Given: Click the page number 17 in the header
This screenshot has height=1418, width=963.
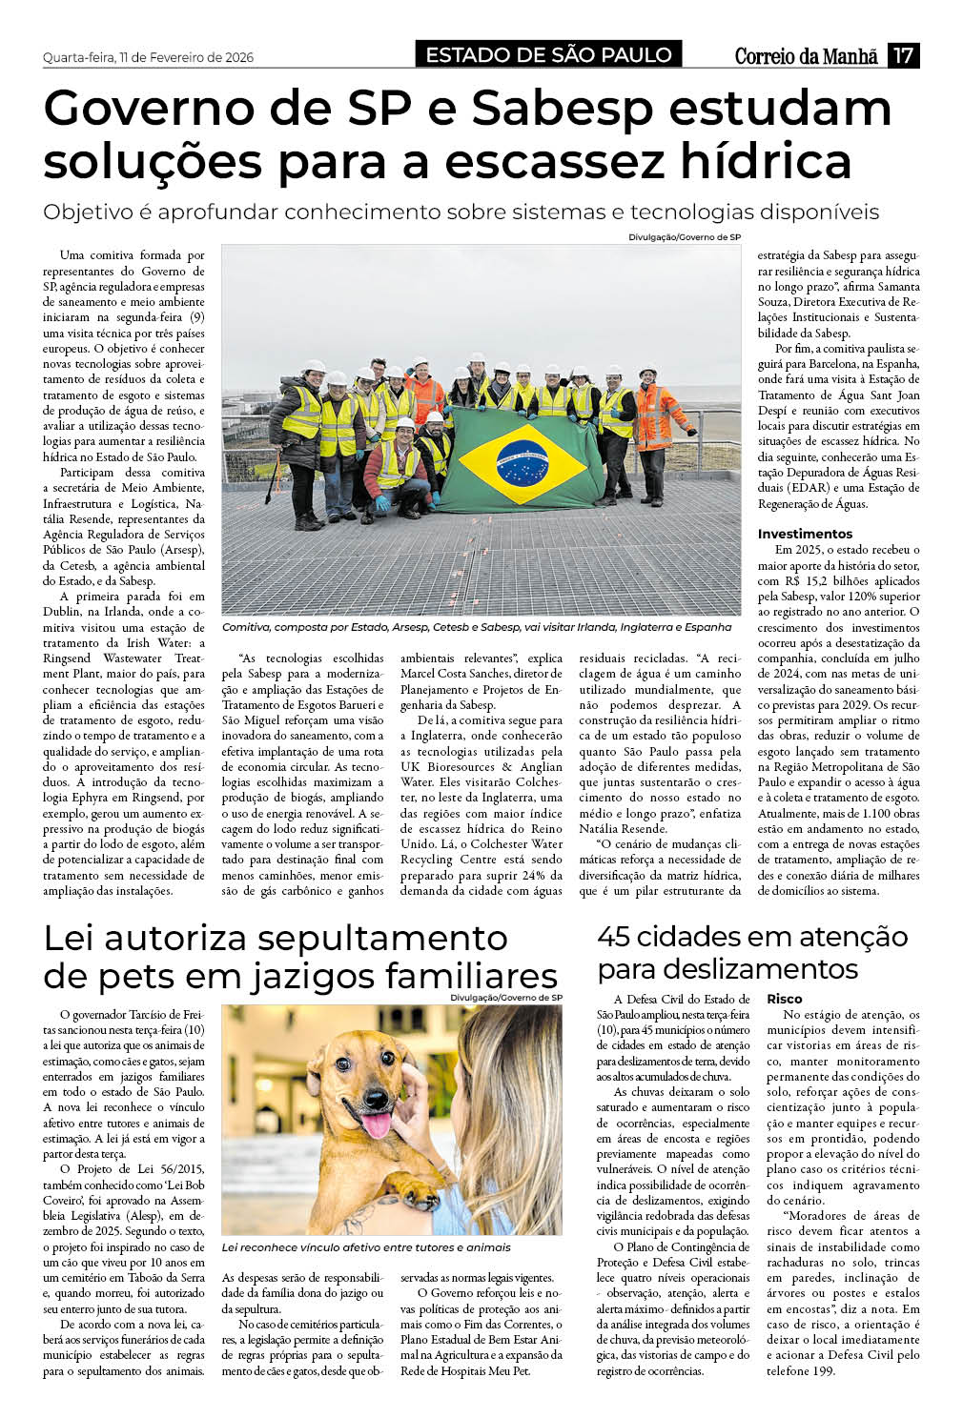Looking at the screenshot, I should (x=903, y=55).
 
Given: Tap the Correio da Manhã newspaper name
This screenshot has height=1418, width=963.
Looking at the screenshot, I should (x=806, y=56).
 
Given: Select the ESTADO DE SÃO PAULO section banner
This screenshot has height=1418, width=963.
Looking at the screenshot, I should (x=548, y=55).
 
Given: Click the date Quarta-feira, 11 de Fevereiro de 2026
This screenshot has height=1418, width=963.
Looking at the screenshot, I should (x=148, y=57).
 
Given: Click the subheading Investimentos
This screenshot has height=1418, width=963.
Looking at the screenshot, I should (x=805, y=534).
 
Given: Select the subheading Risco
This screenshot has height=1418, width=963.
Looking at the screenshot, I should (x=784, y=999).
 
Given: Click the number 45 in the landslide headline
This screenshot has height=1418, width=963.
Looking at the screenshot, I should (x=616, y=937).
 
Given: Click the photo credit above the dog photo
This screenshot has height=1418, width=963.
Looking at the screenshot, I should (x=506, y=998).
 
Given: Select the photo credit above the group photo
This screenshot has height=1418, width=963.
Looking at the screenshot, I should (x=684, y=236).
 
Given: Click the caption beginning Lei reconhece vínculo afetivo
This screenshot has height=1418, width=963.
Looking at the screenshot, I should (x=365, y=1247).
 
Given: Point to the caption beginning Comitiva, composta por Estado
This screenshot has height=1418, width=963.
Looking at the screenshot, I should (x=476, y=627).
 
